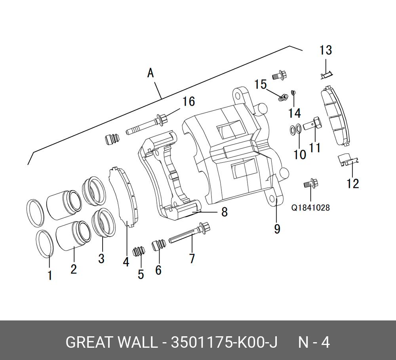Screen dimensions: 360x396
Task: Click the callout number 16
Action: pyautogui.click(x=188, y=102)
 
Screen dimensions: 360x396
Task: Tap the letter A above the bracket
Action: pyautogui.click(x=150, y=73)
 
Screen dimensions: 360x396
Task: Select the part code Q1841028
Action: pyautogui.click(x=310, y=207)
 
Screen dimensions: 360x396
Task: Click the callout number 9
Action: pyautogui.click(x=277, y=229)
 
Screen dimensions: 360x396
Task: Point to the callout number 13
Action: pyautogui.click(x=326, y=51)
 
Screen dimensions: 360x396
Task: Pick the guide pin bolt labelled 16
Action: pyautogui.click(x=147, y=124)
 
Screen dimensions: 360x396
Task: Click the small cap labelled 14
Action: pyautogui.click(x=293, y=93)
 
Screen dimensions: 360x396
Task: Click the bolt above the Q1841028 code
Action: pyautogui.click(x=310, y=183)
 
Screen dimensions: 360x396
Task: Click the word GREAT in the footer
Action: pyautogui.click(x=88, y=342)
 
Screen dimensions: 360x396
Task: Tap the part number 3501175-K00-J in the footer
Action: pyautogui.click(x=224, y=342)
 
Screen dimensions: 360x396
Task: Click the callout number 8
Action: pyautogui.click(x=225, y=212)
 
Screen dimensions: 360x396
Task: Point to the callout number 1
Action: pyautogui.click(x=50, y=275)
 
